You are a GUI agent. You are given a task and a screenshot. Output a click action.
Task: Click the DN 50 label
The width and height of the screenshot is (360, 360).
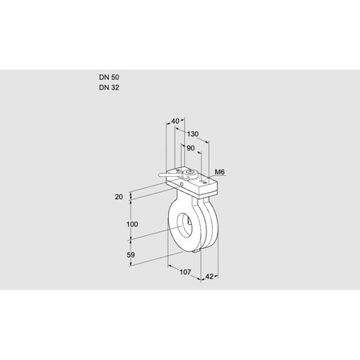[x=109, y=78]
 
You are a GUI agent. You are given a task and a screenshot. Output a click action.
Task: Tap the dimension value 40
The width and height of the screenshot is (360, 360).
[x=176, y=122]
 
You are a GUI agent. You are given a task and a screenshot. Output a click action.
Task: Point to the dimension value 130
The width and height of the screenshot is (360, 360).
[x=192, y=134]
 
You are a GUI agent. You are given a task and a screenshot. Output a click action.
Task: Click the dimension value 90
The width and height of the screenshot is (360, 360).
[x=190, y=148]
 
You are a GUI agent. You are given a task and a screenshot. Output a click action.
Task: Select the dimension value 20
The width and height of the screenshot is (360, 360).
[x=119, y=195]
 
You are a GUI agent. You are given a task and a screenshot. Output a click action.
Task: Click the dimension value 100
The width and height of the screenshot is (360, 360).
[x=134, y=225]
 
